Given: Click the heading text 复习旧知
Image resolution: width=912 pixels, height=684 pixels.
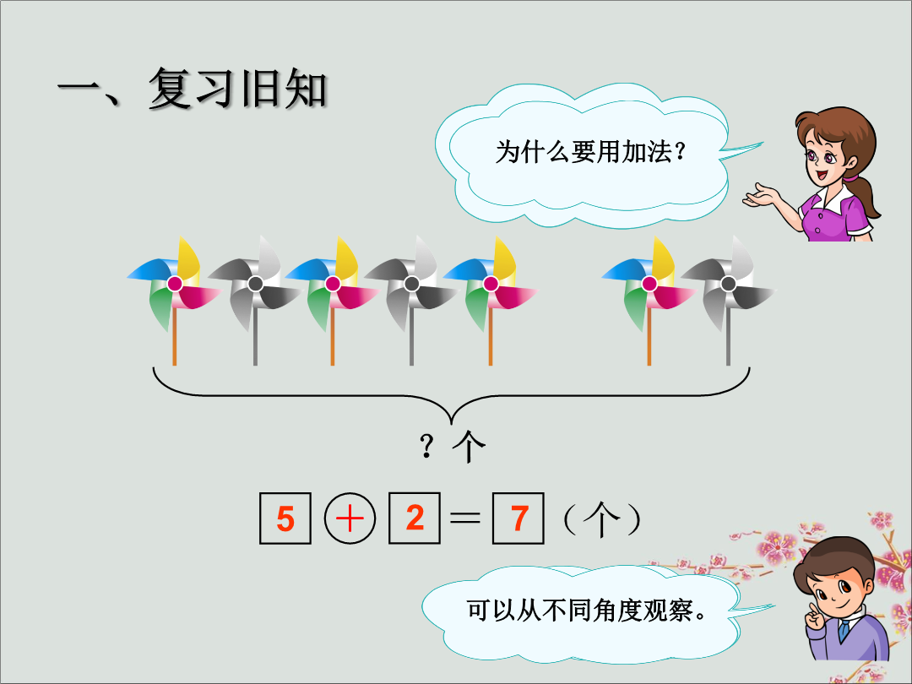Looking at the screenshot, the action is point(237,89).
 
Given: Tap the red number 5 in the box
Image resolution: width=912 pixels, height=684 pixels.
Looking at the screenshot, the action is point(285,518).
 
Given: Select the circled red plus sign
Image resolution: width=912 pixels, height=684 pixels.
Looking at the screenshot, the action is point(350,518).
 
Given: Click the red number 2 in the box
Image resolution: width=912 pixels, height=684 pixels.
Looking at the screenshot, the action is point(415,518).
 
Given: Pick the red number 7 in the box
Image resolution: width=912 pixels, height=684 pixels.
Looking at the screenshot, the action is point(518,518).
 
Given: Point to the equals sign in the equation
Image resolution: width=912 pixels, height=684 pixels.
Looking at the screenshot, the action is point(465,518).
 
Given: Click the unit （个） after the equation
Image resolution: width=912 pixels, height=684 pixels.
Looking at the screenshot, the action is point(602,518).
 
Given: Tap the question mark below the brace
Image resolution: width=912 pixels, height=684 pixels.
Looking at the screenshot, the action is point(427,447).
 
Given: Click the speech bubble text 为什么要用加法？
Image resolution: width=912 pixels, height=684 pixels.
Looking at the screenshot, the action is point(589,152).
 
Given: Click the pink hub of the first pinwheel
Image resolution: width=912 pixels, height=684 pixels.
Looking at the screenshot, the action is point(175,284).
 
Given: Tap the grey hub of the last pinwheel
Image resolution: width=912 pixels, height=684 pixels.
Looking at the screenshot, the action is point(728,284).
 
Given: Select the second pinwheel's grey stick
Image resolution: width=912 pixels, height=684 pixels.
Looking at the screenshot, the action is point(255,338).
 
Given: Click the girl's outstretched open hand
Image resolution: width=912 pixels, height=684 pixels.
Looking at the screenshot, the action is point(760,195).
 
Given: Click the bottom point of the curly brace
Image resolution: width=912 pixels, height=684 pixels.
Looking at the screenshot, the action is point(451,423).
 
